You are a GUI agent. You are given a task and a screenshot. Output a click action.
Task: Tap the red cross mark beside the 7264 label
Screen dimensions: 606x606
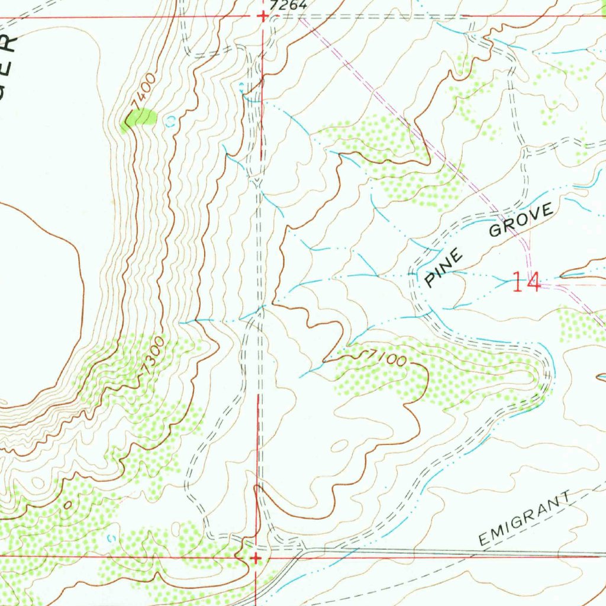(263, 17)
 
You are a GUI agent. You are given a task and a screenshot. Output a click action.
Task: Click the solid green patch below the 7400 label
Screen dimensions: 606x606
(139, 119)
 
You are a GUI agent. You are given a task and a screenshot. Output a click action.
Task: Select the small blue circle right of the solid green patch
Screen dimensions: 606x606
(172, 121)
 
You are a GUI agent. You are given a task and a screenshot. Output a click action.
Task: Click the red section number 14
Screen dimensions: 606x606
(526, 282)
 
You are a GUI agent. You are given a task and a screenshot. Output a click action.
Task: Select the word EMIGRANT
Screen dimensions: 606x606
(526, 519)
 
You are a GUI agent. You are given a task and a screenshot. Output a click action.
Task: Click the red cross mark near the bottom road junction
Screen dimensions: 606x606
(256, 557)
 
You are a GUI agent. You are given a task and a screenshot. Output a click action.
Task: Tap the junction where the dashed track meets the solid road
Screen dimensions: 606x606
(303, 550)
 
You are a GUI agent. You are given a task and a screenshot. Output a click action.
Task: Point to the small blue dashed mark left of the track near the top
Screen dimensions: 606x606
(241, 88)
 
